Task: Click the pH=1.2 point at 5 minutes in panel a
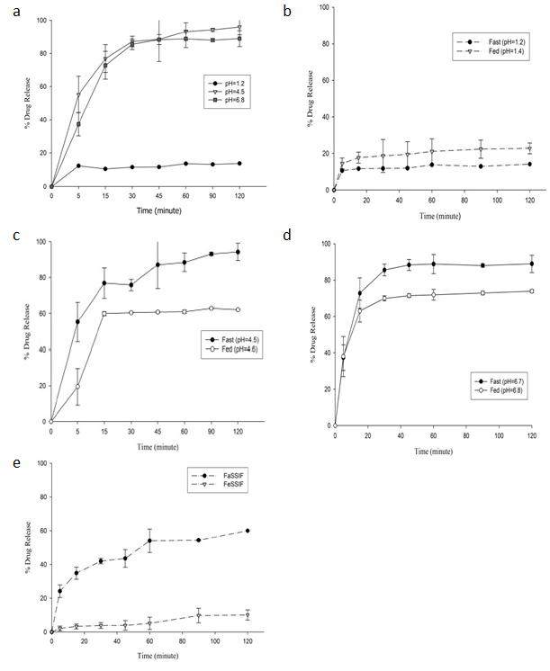pyautogui.click(x=79, y=166)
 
